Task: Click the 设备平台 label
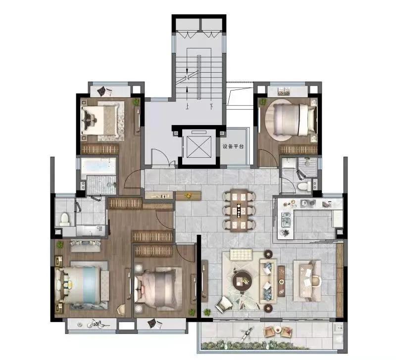click(233, 146)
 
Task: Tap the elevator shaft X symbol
click(199, 146)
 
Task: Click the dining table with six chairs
click(239, 210)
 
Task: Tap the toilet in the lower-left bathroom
click(64, 219)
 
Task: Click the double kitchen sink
click(286, 219)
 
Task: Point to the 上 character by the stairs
click(187, 107)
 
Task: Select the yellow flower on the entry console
click(188, 195)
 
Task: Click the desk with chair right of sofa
click(307, 280)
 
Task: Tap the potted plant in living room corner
click(207, 312)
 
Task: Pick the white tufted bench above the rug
click(241, 255)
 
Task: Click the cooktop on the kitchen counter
click(308, 203)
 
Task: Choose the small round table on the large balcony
click(278, 329)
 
